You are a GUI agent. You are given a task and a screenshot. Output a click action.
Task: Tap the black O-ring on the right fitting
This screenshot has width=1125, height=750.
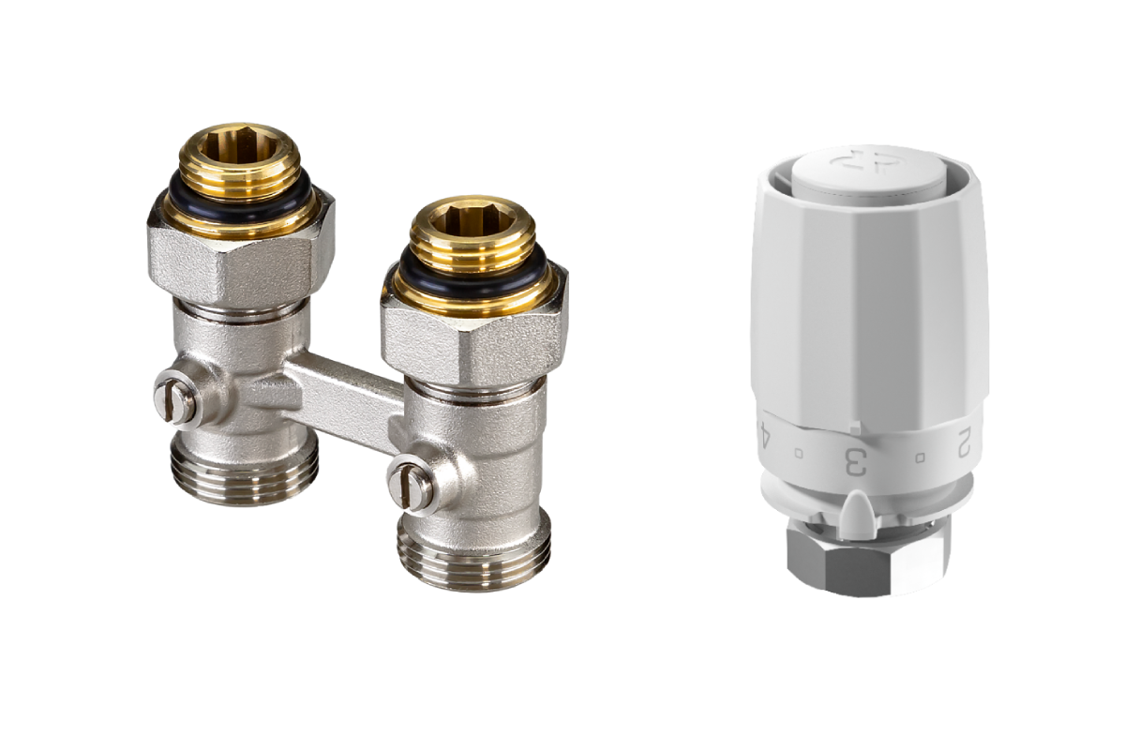click(x=474, y=274)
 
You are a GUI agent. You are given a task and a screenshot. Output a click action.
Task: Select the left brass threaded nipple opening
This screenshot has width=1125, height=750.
click(x=239, y=146)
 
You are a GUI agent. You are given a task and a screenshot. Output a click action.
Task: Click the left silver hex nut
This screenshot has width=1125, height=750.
click(x=241, y=251)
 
